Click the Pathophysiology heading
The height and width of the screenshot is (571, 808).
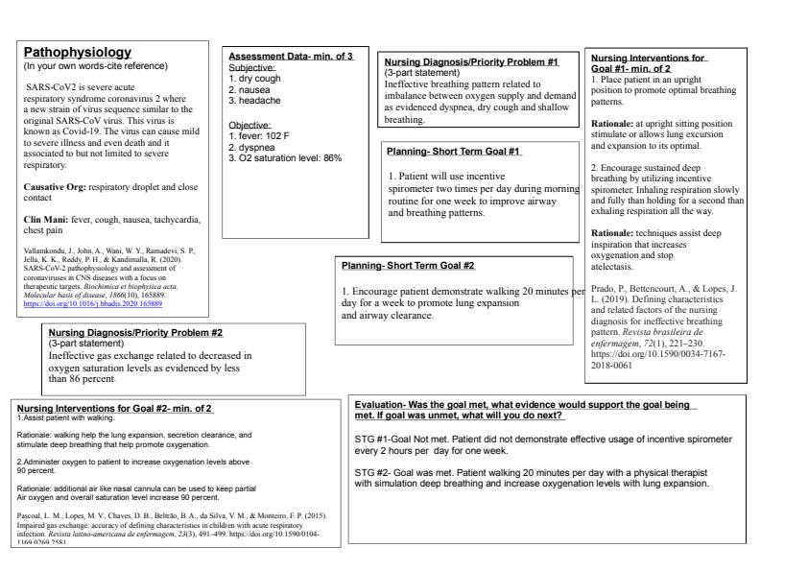(78, 51)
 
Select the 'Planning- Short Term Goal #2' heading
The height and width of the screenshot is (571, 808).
(409, 265)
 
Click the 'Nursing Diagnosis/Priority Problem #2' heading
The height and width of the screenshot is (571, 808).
(135, 332)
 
